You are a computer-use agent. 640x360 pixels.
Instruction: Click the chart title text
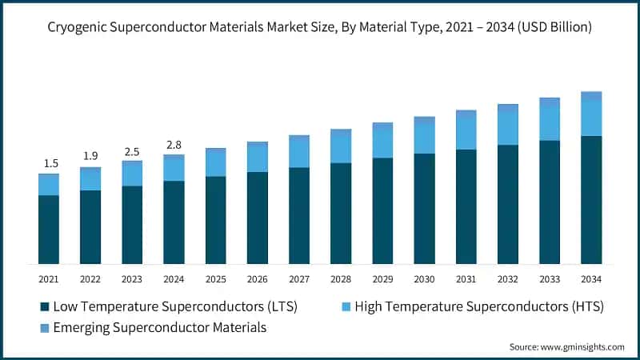click(x=320, y=27)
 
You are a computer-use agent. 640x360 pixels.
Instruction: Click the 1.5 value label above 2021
click(x=49, y=163)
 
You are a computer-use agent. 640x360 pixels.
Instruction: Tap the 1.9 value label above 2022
click(x=90, y=156)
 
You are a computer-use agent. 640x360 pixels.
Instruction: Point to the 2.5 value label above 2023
click(x=132, y=151)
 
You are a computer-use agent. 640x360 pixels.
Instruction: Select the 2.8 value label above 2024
click(x=174, y=145)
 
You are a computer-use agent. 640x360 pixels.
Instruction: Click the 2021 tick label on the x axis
click(x=49, y=278)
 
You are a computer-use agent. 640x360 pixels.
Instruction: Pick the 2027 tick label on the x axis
click(x=299, y=278)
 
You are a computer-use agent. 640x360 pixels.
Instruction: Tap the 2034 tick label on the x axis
click(x=591, y=278)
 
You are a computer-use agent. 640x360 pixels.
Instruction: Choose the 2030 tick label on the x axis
click(x=424, y=278)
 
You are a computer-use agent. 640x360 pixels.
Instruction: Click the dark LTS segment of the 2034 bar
click(x=591, y=200)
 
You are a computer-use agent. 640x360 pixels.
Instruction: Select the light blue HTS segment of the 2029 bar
click(x=382, y=143)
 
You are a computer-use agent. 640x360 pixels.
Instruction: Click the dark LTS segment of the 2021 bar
click(x=49, y=230)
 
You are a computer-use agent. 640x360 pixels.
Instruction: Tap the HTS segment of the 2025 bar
click(x=215, y=163)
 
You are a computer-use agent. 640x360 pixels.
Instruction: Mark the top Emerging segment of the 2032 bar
click(x=508, y=108)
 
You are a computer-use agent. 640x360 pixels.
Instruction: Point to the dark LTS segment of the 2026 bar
click(x=258, y=218)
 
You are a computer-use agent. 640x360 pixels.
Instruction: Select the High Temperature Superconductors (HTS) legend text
click(x=478, y=306)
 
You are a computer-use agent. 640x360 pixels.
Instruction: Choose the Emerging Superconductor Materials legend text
click(x=159, y=327)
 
